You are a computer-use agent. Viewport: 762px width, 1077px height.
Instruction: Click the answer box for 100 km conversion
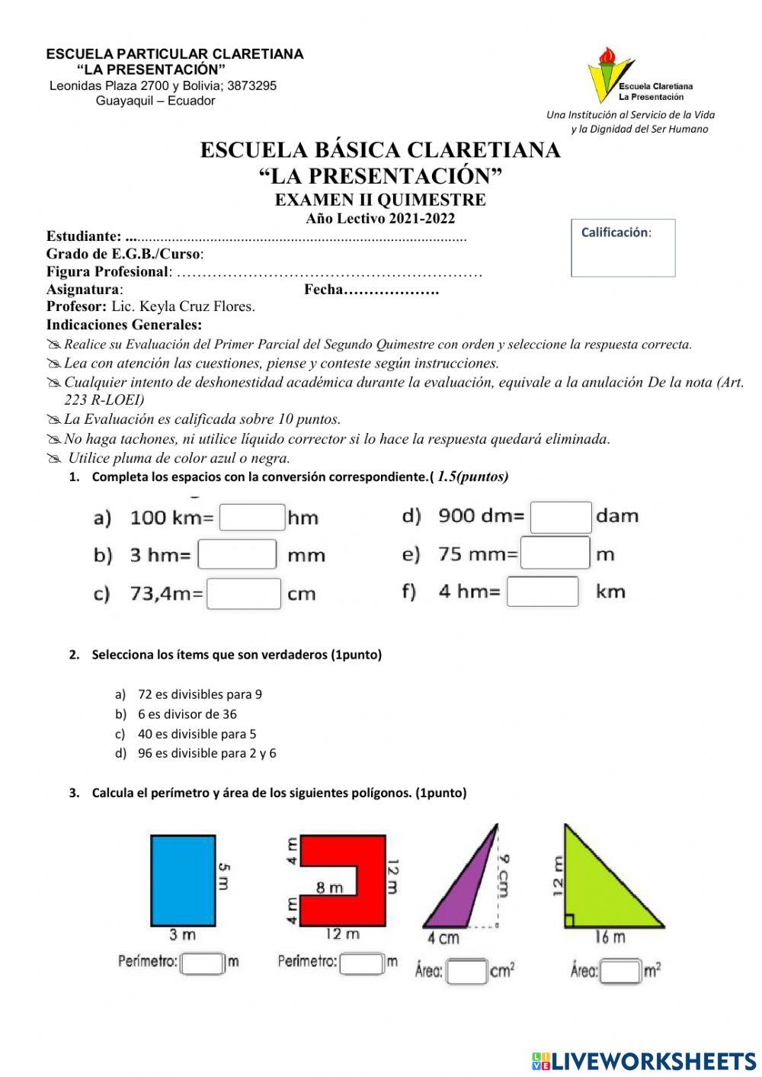coord(252,518)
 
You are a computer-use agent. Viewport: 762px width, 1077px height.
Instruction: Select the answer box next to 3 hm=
coord(237,554)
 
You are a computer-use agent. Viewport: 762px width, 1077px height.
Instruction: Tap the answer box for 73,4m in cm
coord(244,594)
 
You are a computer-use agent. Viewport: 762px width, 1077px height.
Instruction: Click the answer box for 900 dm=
coord(561,517)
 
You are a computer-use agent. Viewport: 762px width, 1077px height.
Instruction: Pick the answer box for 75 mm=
coord(555,553)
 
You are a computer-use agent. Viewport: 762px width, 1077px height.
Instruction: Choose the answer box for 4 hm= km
coord(543,591)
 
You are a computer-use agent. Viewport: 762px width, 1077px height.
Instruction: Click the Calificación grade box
coord(623,248)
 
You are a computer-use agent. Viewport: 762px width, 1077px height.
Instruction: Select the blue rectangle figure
coord(183,880)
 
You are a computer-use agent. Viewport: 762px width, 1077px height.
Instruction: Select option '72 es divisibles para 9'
coord(200,694)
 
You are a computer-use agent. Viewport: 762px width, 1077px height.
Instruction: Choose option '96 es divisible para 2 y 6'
coord(207,753)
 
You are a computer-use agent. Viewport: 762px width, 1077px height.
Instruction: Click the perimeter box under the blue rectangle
coord(203,963)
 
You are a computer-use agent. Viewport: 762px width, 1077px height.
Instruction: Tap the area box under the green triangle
coord(621,971)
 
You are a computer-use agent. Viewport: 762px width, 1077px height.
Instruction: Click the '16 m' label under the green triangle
coord(610,937)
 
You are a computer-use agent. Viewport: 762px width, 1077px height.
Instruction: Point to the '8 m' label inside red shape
coord(330,887)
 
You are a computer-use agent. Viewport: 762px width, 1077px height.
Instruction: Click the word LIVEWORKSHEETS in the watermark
coord(654,1061)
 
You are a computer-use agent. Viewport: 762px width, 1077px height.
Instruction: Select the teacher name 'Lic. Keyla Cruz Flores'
coord(183,306)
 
